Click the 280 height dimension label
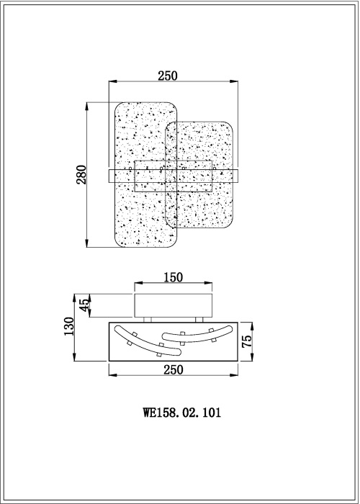pyautogui.click(x=81, y=174)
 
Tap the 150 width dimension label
pyautogui.click(x=174, y=277)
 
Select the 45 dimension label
pyautogui.click(x=84, y=305)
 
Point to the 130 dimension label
pyautogui.click(x=69, y=327)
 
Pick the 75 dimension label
pyautogui.click(x=246, y=341)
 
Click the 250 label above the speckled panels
pyautogui.click(x=168, y=76)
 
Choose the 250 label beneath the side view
pyautogui.click(x=174, y=370)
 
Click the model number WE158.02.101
pyautogui.click(x=182, y=413)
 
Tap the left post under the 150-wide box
pyautogui.click(x=148, y=320)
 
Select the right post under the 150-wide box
pyautogui.click(x=199, y=320)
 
